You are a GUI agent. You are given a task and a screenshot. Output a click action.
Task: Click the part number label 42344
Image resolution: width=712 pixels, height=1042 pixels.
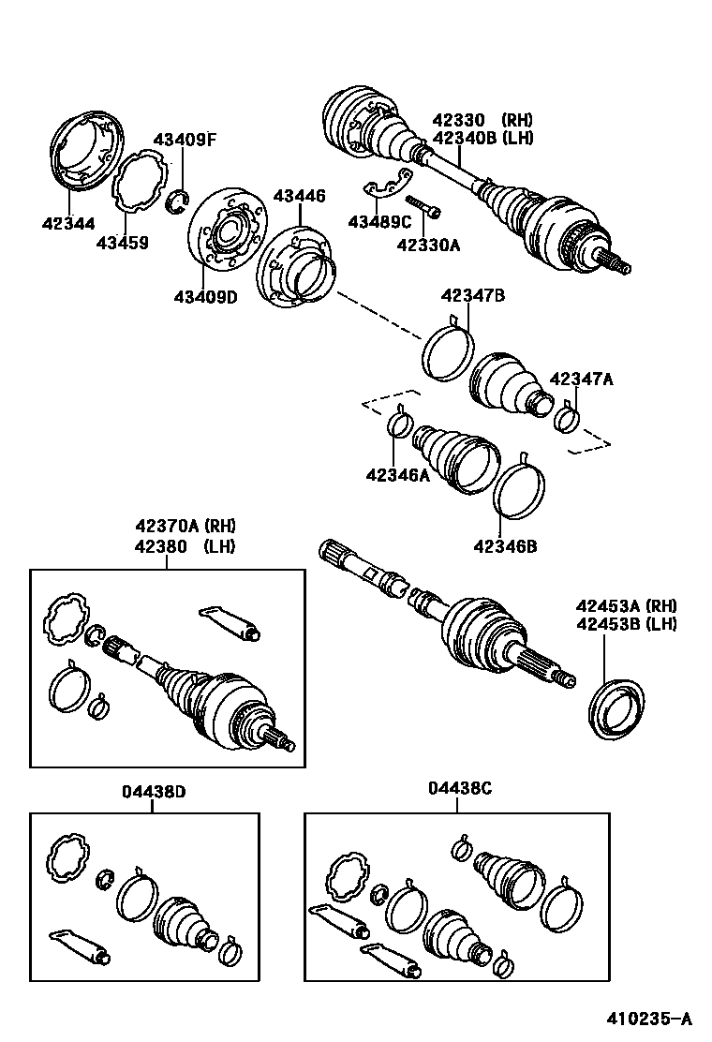coord(67,223)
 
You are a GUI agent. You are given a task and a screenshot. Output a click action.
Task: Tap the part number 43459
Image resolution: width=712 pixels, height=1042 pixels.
coord(122,243)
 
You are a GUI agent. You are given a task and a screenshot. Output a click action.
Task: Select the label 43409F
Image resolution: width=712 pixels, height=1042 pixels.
coord(185,141)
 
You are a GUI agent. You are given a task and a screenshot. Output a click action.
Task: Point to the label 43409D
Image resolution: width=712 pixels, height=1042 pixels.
coord(204,297)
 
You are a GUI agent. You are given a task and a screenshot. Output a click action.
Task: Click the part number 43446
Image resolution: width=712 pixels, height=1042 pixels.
coord(299,196)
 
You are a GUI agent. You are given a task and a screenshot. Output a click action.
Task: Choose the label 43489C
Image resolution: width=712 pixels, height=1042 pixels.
coord(379,222)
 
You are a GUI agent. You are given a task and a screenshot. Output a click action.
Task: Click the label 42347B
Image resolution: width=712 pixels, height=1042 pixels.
coord(473,296)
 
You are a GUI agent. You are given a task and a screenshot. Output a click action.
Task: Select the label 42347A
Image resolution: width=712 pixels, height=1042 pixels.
coord(581,379)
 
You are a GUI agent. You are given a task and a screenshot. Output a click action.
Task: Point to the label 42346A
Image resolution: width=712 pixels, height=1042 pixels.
coord(397,475)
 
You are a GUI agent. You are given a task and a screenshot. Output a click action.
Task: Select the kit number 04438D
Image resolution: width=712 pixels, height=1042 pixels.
coord(153,791)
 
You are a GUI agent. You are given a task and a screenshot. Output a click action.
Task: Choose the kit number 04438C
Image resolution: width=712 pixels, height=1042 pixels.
coord(459,789)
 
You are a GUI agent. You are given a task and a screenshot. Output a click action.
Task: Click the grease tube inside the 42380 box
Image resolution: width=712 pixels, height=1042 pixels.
coord(230,622)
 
